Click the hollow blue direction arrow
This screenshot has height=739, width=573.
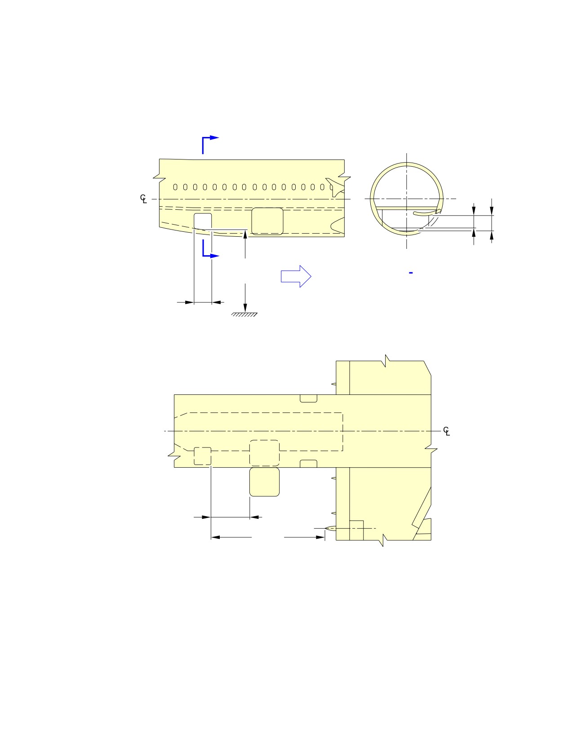pos(296,276)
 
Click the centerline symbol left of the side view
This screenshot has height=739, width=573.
pos(143,199)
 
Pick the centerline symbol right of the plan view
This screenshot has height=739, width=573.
pos(446,431)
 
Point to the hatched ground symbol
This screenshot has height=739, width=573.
pos(244,314)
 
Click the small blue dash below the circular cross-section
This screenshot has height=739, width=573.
pos(411,273)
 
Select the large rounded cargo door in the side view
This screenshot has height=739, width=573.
pos(267,221)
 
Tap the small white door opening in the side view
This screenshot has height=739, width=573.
pos(203,221)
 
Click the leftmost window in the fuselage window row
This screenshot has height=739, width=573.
pos(175,187)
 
